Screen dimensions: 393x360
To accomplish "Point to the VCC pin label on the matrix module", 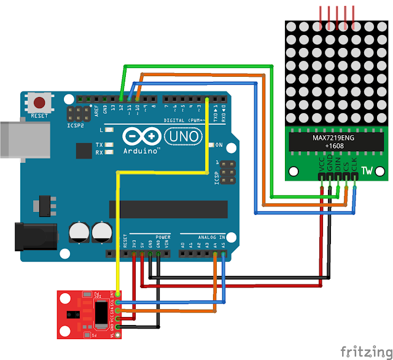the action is click(x=321, y=164).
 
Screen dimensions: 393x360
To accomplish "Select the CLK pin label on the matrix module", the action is click(x=354, y=164).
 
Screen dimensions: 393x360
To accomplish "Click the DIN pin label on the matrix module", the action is click(x=338, y=164).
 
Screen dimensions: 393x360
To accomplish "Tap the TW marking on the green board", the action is click(x=367, y=170).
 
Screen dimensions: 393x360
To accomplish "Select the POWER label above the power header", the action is click(x=163, y=236).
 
